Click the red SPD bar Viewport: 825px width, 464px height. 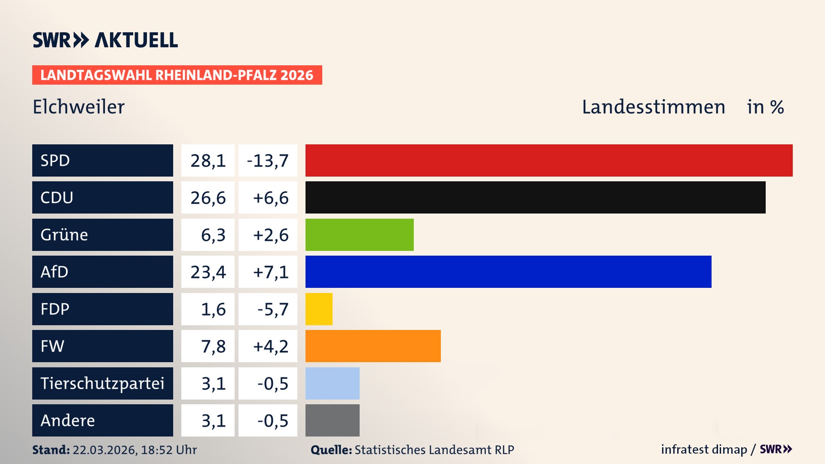549,160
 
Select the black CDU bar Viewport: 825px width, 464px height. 535,197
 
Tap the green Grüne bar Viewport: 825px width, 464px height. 359,235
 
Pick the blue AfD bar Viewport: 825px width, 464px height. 508,272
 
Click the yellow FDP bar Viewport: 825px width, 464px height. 319,309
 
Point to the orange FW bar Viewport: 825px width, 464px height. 373,346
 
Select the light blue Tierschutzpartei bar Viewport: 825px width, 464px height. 332,383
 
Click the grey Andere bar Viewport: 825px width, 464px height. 332,420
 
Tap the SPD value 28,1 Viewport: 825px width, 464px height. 208,161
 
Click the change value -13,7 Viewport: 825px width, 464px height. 268,161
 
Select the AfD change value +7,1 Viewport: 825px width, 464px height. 270,272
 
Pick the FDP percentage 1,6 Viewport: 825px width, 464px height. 213,309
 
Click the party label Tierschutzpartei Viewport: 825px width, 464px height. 102,383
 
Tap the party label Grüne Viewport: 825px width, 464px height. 64,235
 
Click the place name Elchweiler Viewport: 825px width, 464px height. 79,107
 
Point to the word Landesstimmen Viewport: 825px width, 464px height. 653,107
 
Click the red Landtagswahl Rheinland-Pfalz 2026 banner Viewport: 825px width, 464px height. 177,75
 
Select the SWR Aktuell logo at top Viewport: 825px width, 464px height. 105,40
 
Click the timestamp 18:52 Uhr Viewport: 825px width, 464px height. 168,450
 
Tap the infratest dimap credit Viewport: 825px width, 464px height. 703,449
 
